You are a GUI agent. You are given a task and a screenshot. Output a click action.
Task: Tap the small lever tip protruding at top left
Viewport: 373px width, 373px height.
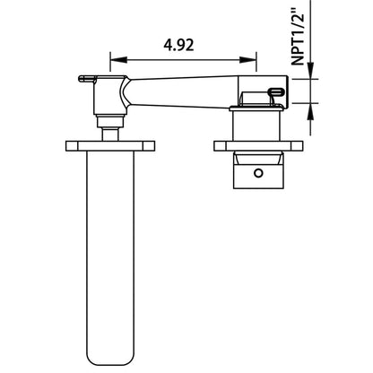click(x=84, y=78)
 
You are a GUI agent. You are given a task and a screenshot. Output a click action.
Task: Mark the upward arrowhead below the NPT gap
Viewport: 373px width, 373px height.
click(x=310, y=109)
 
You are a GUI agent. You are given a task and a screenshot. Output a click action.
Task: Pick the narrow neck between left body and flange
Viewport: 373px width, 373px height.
click(x=110, y=132)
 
